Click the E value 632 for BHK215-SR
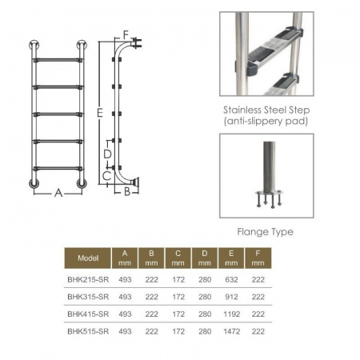tap(231, 279)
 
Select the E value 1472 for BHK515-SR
tap(231, 331)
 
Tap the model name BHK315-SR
tap(88, 297)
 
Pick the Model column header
tap(88, 258)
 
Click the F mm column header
tap(258, 258)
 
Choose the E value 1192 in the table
tap(231, 314)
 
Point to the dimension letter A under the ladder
tap(58, 193)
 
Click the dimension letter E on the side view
tap(100, 113)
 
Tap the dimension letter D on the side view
tap(107, 154)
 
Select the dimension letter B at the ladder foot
tap(127, 191)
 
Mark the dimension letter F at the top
tap(126, 35)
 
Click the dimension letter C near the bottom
tap(107, 176)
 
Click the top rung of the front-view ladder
tap(58, 60)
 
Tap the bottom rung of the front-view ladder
tap(58, 169)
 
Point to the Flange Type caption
tap(265, 232)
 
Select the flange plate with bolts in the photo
tap(269, 198)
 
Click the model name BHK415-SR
tap(88, 314)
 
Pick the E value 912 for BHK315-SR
tap(231, 297)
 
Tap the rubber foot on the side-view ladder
tap(135, 182)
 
